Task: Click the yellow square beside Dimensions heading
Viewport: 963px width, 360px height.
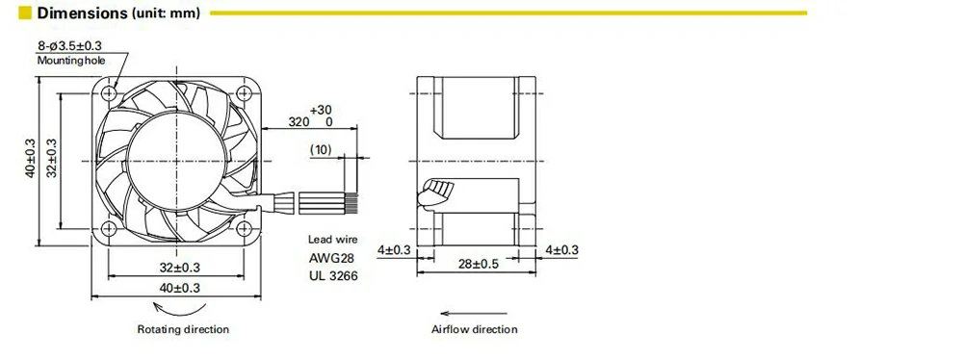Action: (x=25, y=13)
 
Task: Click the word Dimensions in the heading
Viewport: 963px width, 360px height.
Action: (x=82, y=13)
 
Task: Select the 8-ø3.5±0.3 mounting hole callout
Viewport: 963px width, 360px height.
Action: (x=69, y=45)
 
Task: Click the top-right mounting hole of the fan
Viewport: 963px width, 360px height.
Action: (x=245, y=93)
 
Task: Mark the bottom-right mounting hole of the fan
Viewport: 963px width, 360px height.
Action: (x=245, y=229)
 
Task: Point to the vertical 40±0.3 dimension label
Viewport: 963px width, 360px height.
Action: (x=31, y=158)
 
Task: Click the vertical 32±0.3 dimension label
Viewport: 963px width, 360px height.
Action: (x=52, y=158)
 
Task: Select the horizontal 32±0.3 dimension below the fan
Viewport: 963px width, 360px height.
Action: (x=179, y=268)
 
